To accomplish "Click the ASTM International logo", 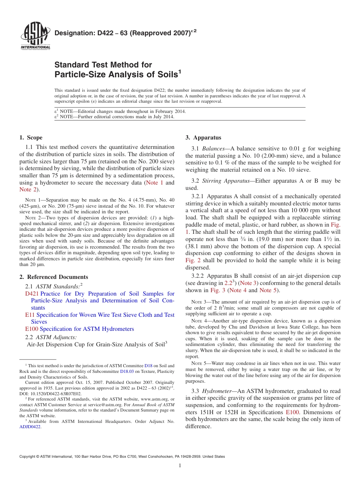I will (35, 36).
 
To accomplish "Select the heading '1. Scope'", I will (31, 138).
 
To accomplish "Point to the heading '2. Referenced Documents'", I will (53, 277).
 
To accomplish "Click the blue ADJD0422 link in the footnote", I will (30, 427).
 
